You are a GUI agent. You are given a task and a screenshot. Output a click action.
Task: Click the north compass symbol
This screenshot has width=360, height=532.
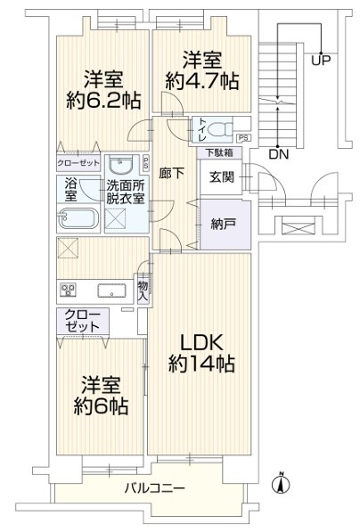click(281, 483)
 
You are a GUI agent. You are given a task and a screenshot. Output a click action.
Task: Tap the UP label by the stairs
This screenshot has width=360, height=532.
click(321, 61)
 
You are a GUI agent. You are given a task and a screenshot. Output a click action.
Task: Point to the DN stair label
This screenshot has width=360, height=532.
click(279, 155)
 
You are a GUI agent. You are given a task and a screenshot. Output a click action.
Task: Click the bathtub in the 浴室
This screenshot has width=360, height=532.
click(78, 218)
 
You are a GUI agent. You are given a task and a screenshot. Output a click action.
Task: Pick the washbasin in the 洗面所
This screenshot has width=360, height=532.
click(120, 167)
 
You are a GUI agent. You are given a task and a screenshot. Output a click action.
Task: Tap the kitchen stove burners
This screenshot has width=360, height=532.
click(69, 291)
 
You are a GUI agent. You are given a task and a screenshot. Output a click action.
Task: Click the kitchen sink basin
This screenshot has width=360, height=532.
click(111, 291)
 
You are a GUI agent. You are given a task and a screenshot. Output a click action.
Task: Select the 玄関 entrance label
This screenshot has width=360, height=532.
click(221, 177)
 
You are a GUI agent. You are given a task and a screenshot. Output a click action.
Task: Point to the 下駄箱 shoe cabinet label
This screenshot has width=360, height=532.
click(219, 152)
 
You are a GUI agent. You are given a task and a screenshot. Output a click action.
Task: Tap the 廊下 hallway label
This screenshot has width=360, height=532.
click(172, 174)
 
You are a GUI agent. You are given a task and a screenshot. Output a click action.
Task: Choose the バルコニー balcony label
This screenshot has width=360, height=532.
click(154, 488)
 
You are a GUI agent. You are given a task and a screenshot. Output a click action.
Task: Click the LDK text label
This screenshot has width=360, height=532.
click(201, 343)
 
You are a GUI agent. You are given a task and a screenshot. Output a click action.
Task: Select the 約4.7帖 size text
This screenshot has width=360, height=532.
click(202, 81)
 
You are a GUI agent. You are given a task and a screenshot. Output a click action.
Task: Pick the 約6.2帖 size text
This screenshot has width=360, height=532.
click(103, 100)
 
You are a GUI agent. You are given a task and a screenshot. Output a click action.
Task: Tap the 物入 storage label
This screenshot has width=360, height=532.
click(143, 291)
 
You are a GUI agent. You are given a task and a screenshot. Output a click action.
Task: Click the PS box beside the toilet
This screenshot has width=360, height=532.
click(243, 138)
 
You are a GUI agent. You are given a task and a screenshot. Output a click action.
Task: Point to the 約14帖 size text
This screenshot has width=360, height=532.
click(201, 364)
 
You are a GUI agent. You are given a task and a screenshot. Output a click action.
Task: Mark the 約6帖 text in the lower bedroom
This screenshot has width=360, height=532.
click(101, 406)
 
